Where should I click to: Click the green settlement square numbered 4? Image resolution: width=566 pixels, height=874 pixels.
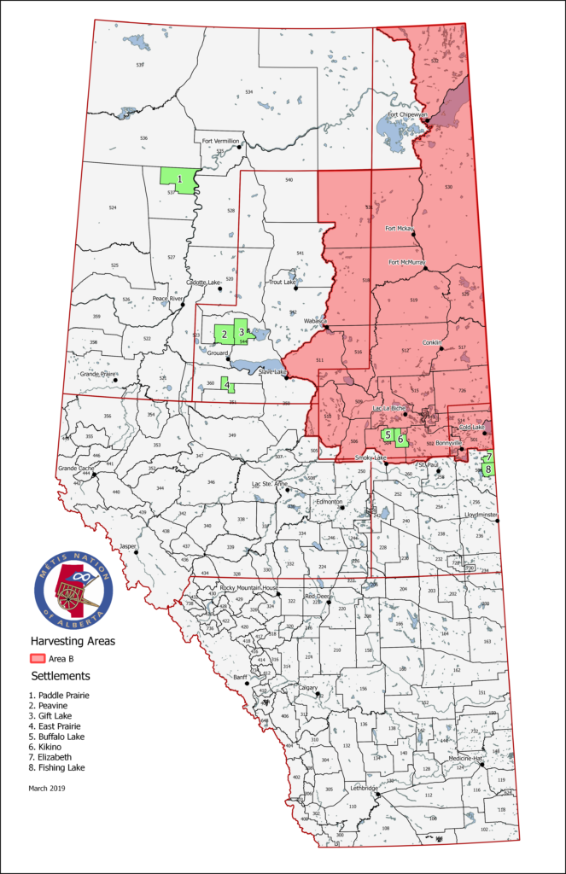(227, 385)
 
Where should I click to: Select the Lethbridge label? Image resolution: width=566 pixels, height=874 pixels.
(364, 789)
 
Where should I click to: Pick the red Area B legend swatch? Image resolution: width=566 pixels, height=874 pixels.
(38, 658)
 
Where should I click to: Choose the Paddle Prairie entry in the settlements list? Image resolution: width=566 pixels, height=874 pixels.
(59, 695)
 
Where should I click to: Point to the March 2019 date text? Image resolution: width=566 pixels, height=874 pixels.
(47, 788)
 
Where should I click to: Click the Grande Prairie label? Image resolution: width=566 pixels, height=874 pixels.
(98, 374)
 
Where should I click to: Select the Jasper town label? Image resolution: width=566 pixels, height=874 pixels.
(128, 545)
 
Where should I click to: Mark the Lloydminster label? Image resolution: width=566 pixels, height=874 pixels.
(480, 516)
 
